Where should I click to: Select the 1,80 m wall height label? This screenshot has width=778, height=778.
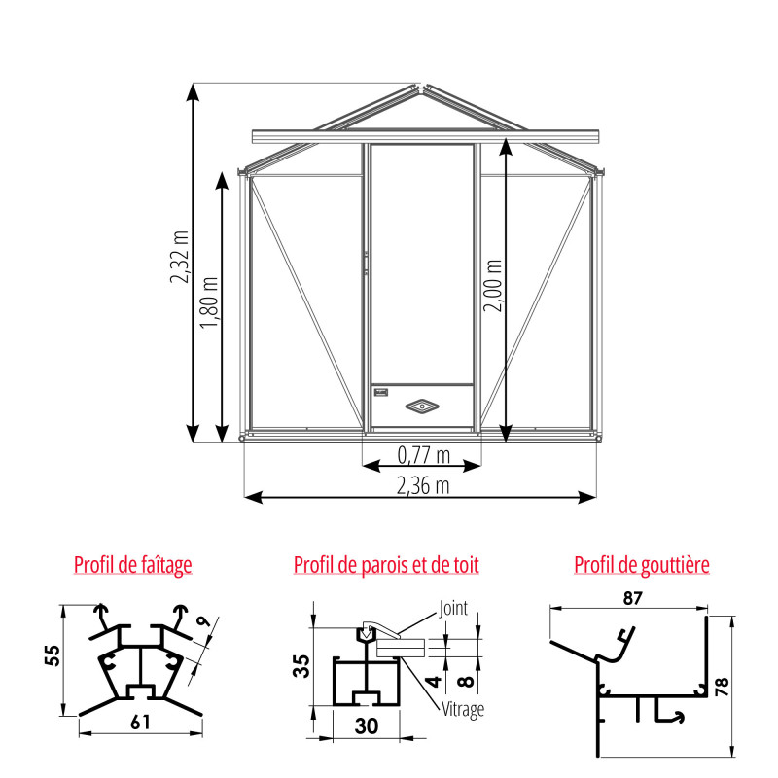coord(209,302)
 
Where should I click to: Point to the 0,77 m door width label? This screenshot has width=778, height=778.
coord(423,454)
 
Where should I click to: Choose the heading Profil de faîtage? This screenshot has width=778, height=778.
coord(133,564)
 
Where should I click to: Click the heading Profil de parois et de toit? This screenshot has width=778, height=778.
coord(386,564)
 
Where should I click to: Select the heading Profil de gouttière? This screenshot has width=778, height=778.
coord(642,564)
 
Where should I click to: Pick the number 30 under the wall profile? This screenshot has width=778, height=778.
coord(367,724)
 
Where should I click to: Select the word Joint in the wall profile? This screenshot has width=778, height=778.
coord(453,609)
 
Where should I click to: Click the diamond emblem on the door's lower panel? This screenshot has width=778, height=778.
coord(423,405)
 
